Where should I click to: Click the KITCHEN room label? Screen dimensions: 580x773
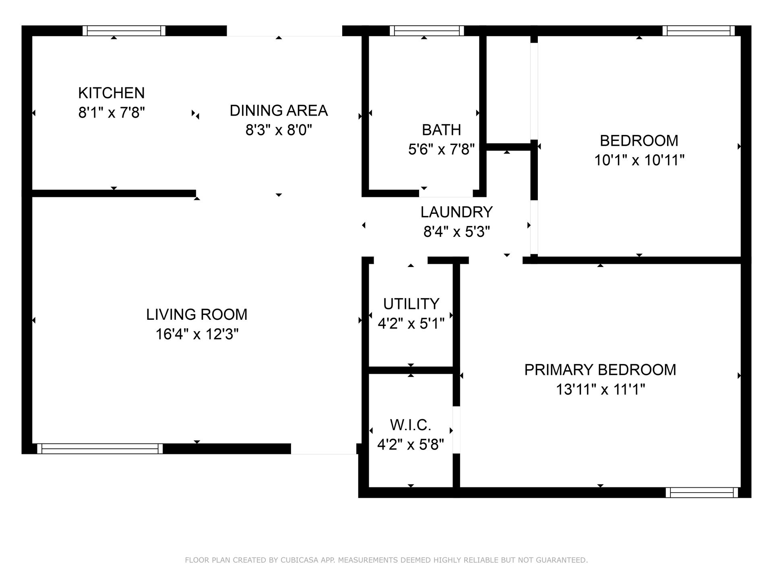[111, 93]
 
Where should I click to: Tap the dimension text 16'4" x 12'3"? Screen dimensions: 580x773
[197, 334]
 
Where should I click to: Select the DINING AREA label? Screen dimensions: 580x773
[279, 110]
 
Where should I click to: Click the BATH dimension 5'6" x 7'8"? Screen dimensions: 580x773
[441, 149]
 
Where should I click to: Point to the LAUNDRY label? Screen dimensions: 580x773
[457, 212]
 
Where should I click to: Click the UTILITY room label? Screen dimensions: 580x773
[411, 304]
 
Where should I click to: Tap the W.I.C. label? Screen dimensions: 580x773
[411, 425]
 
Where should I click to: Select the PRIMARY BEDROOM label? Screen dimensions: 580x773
[600, 370]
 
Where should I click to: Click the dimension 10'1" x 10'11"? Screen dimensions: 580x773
[639, 160]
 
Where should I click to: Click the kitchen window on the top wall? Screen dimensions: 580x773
[124, 31]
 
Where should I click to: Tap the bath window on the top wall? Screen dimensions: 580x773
[427, 31]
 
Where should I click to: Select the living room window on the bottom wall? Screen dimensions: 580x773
[100, 449]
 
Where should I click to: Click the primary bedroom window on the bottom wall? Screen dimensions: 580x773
[701, 492]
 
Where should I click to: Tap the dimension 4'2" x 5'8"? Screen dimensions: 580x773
[411, 445]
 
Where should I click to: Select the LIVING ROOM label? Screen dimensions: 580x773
[197, 315]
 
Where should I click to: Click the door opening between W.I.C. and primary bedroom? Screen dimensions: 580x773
[456, 430]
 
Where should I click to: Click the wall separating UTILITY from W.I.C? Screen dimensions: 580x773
[411, 370]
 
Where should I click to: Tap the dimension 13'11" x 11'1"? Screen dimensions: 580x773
[600, 389]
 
